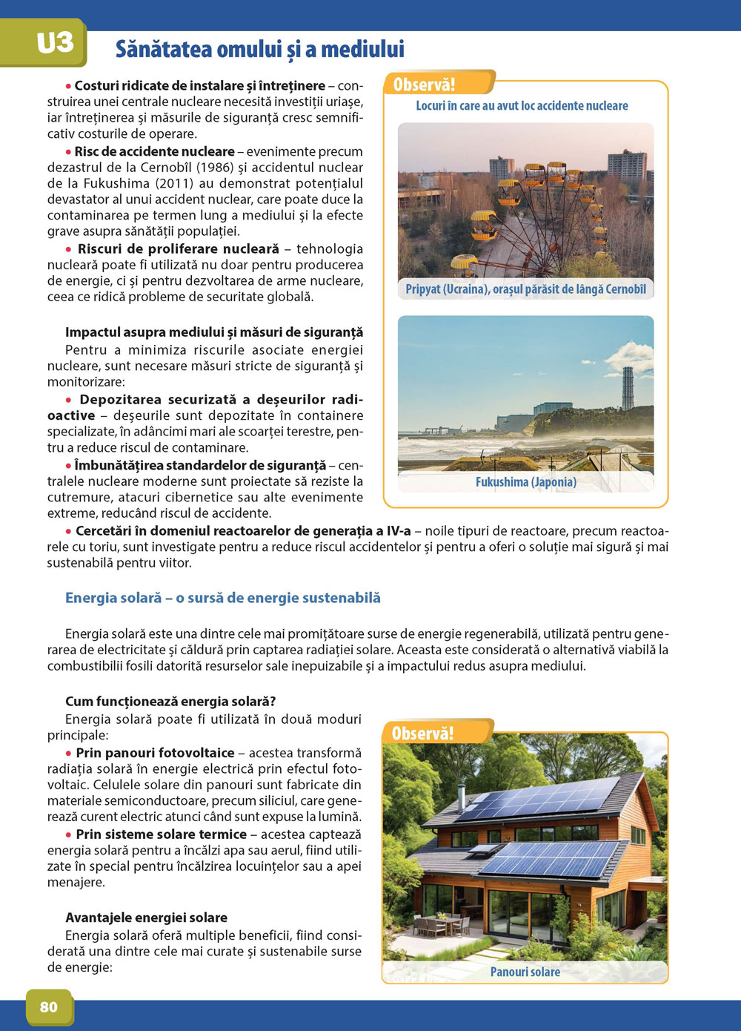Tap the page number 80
49,1007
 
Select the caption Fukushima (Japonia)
525,482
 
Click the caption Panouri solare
525,972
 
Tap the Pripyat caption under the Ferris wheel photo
525,289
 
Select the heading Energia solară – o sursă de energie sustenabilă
222,598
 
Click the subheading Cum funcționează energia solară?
170,702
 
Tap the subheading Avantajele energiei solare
146,918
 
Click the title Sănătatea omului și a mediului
259,50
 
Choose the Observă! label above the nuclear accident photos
424,85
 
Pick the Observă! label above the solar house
422,734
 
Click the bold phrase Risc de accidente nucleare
154,151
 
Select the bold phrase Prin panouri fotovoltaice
155,753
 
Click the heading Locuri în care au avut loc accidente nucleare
522,106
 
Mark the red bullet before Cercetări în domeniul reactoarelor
69,531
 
